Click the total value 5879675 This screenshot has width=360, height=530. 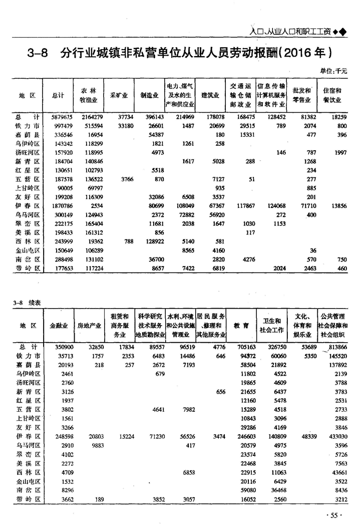pos(63,117)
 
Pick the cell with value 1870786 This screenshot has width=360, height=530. pos(63,206)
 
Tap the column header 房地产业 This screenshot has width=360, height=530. pos(89,326)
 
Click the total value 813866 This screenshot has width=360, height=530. pos(333,347)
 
